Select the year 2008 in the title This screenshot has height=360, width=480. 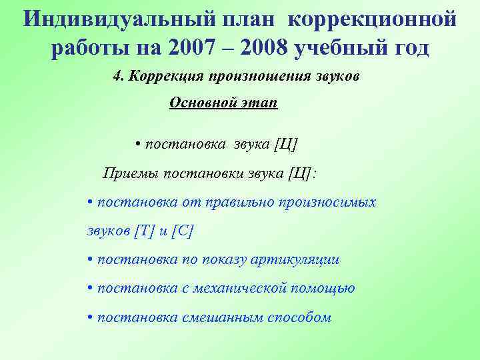point(264,49)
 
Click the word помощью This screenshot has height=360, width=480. point(324,288)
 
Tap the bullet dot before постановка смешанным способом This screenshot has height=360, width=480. point(90,317)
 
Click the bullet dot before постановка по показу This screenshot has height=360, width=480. point(90,259)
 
